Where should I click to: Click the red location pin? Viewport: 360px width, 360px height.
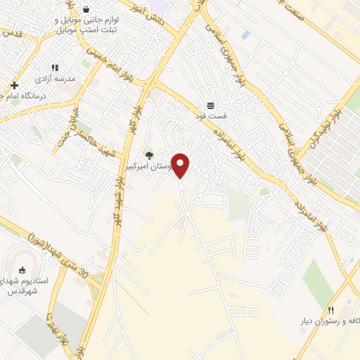[x=181, y=165]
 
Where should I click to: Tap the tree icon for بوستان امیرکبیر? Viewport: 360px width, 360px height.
[x=148, y=155]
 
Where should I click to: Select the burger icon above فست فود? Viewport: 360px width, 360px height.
[x=211, y=104]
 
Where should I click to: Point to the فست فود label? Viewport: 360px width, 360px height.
[x=212, y=115]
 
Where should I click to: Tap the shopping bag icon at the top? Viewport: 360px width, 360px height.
[x=86, y=10]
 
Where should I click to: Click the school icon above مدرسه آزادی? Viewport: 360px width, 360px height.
[x=56, y=68]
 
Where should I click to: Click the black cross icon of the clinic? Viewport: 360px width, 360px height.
[x=14, y=85]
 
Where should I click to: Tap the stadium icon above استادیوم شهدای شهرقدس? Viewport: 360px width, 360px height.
[x=22, y=270]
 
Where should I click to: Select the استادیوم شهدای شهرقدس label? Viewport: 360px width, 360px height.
[x=25, y=286]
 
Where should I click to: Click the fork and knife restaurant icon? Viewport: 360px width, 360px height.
[x=330, y=309]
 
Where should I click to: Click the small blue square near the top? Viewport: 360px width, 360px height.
[x=245, y=34]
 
